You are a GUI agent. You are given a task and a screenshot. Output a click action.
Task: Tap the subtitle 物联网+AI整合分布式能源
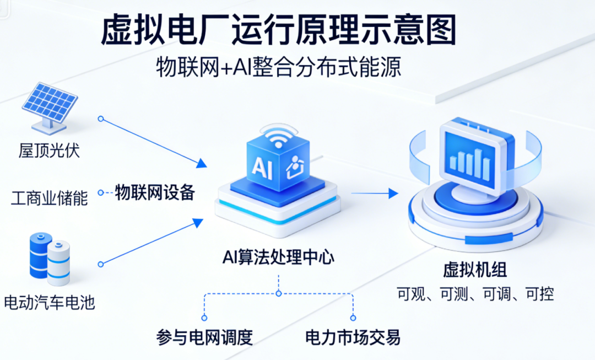point(278,68)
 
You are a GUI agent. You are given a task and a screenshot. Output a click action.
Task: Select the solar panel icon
point(50,107)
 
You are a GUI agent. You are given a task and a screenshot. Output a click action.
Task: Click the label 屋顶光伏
point(49,150)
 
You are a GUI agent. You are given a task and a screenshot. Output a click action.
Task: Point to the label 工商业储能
point(49,198)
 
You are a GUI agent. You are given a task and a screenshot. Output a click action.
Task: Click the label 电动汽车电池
point(49,302)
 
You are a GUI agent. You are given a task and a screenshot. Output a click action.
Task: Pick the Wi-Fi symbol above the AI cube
point(279,137)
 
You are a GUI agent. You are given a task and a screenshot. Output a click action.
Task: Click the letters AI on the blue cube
point(262,167)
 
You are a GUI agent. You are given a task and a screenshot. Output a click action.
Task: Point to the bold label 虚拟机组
point(474,270)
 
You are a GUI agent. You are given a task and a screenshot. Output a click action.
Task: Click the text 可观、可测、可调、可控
point(475,294)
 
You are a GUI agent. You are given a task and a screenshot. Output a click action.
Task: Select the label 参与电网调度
point(204,337)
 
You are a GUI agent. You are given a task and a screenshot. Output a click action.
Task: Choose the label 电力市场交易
point(353,337)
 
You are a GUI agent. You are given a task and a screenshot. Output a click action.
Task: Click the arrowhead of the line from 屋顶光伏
point(202,163)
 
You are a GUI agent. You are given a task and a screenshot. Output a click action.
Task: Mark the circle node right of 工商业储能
point(101,192)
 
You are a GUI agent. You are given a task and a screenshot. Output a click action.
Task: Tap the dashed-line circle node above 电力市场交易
point(353,318)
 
